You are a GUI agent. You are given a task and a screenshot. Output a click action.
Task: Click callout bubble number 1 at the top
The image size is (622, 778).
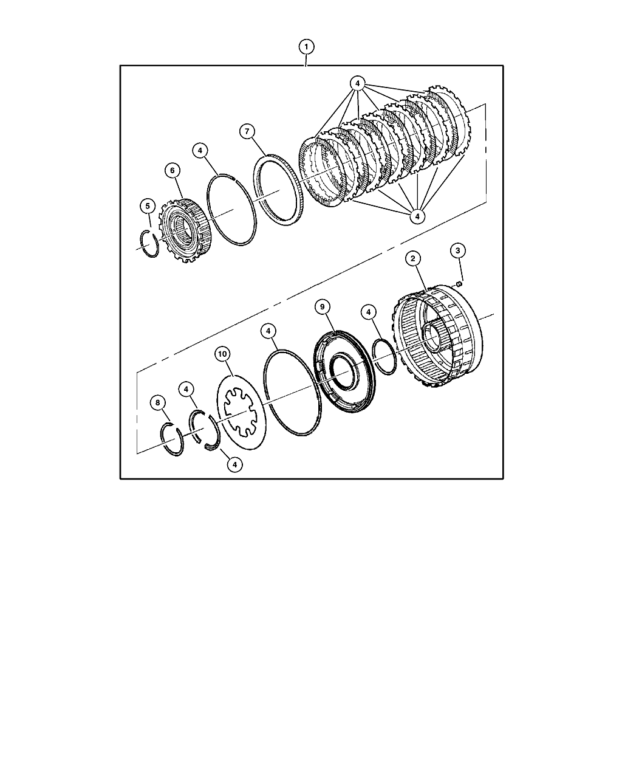[x=306, y=47]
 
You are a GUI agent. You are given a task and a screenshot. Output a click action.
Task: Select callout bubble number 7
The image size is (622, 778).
[x=247, y=131]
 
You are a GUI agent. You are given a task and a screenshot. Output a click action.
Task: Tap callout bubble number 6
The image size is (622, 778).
[x=173, y=170]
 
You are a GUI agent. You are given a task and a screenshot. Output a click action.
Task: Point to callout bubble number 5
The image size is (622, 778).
[x=148, y=206]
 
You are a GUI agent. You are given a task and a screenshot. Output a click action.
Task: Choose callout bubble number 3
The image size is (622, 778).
[x=457, y=250]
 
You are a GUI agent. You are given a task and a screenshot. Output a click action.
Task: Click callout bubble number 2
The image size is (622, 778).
[x=412, y=258]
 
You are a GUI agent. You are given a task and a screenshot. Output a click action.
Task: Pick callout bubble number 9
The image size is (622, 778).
[x=323, y=307]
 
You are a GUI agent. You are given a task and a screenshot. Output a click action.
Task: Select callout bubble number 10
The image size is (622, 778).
[x=222, y=354]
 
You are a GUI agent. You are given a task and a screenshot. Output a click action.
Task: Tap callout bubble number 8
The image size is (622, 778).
[x=157, y=403]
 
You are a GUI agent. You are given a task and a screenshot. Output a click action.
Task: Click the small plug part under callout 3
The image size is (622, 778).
[x=459, y=284]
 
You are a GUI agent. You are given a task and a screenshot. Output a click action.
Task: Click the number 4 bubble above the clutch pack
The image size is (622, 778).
[x=357, y=83]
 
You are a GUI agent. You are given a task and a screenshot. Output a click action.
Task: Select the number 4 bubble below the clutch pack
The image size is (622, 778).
[x=417, y=216]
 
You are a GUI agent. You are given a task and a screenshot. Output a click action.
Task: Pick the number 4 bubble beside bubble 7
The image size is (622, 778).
[x=200, y=150]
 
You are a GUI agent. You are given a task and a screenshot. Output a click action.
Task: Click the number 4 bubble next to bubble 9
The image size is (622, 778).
[x=368, y=312]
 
